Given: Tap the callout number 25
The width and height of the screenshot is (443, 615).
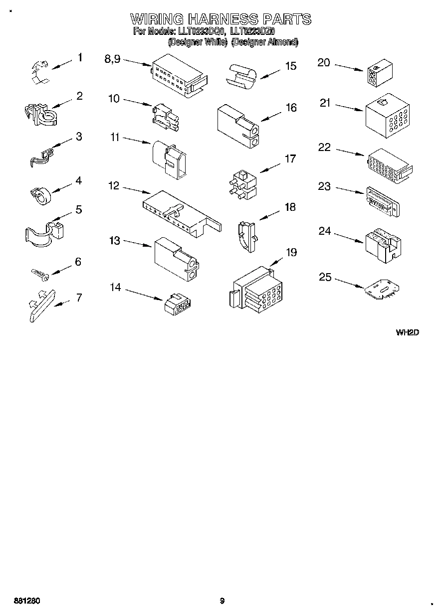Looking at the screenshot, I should pyautogui.click(x=325, y=277).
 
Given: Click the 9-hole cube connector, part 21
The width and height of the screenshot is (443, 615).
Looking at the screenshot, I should pyautogui.click(x=387, y=116).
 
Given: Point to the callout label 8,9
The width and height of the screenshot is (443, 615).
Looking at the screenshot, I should pyautogui.click(x=112, y=59).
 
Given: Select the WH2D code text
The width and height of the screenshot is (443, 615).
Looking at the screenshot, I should pyautogui.click(x=407, y=332).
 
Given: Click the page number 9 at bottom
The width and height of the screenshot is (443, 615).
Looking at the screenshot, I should pyautogui.click(x=222, y=601).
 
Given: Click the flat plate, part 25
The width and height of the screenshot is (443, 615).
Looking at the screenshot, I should pyautogui.click(x=382, y=291).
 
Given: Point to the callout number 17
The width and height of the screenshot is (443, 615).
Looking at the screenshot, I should pyautogui.click(x=290, y=159).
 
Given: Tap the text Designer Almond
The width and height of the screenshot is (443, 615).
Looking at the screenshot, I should pyautogui.click(x=265, y=43).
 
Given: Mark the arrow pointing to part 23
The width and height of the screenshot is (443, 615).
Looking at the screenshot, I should pyautogui.click(x=349, y=191).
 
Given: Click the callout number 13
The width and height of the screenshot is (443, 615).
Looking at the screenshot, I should pyautogui.click(x=115, y=241).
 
